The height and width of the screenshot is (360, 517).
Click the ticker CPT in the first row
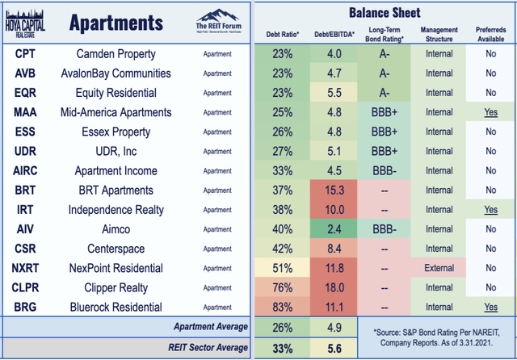pos(23,54)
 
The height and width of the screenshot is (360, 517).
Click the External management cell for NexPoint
pos(439,268)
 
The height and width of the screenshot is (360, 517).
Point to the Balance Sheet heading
pos(384,12)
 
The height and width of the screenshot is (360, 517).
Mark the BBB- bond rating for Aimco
pos(384,229)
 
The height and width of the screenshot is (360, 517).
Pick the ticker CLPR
pos(23,287)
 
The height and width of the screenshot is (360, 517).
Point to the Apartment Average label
pos(210,327)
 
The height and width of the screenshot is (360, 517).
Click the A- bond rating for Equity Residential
pos(384,93)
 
